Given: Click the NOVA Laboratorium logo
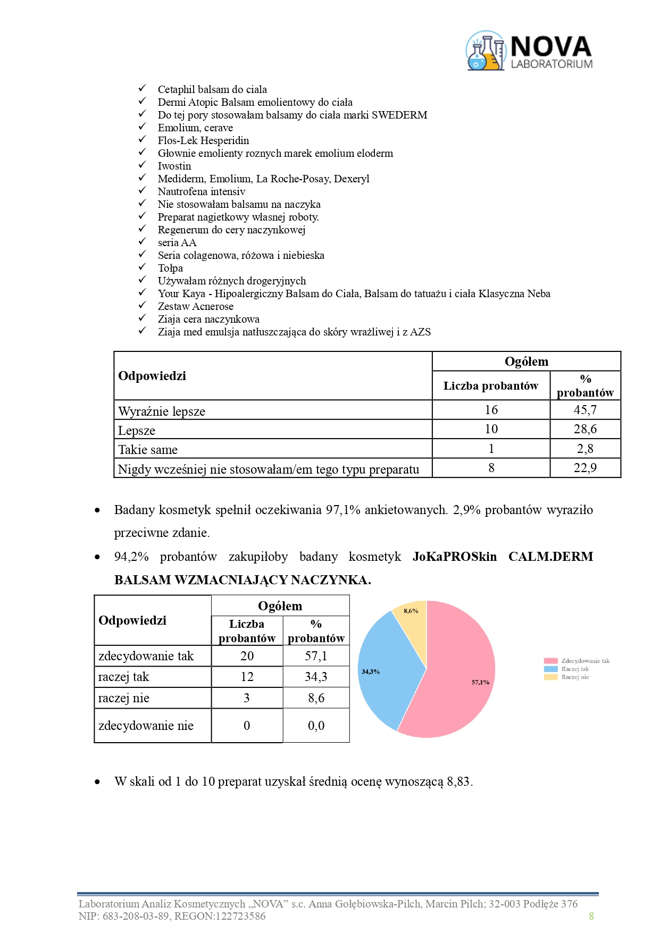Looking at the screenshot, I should pos(529,51).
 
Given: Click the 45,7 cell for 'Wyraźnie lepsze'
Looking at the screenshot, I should pos(585,410).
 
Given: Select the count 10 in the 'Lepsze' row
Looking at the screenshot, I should pos(491,429).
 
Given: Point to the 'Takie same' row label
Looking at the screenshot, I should pos(148,450).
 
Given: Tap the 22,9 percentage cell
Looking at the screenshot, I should pos(585,468).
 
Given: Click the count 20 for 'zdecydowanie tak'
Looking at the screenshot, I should pos(247,656).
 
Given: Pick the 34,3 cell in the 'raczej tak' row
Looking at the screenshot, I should pos(316,677).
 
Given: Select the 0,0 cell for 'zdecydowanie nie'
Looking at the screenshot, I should pos(316,726).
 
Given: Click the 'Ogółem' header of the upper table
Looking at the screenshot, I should pos(526,362).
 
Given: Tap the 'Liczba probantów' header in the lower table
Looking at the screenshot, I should pos(247,631).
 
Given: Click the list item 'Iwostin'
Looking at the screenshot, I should pos(174,166).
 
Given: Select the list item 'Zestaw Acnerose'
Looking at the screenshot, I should pos(195,306).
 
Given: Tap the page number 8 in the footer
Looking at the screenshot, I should pos(591,916).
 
